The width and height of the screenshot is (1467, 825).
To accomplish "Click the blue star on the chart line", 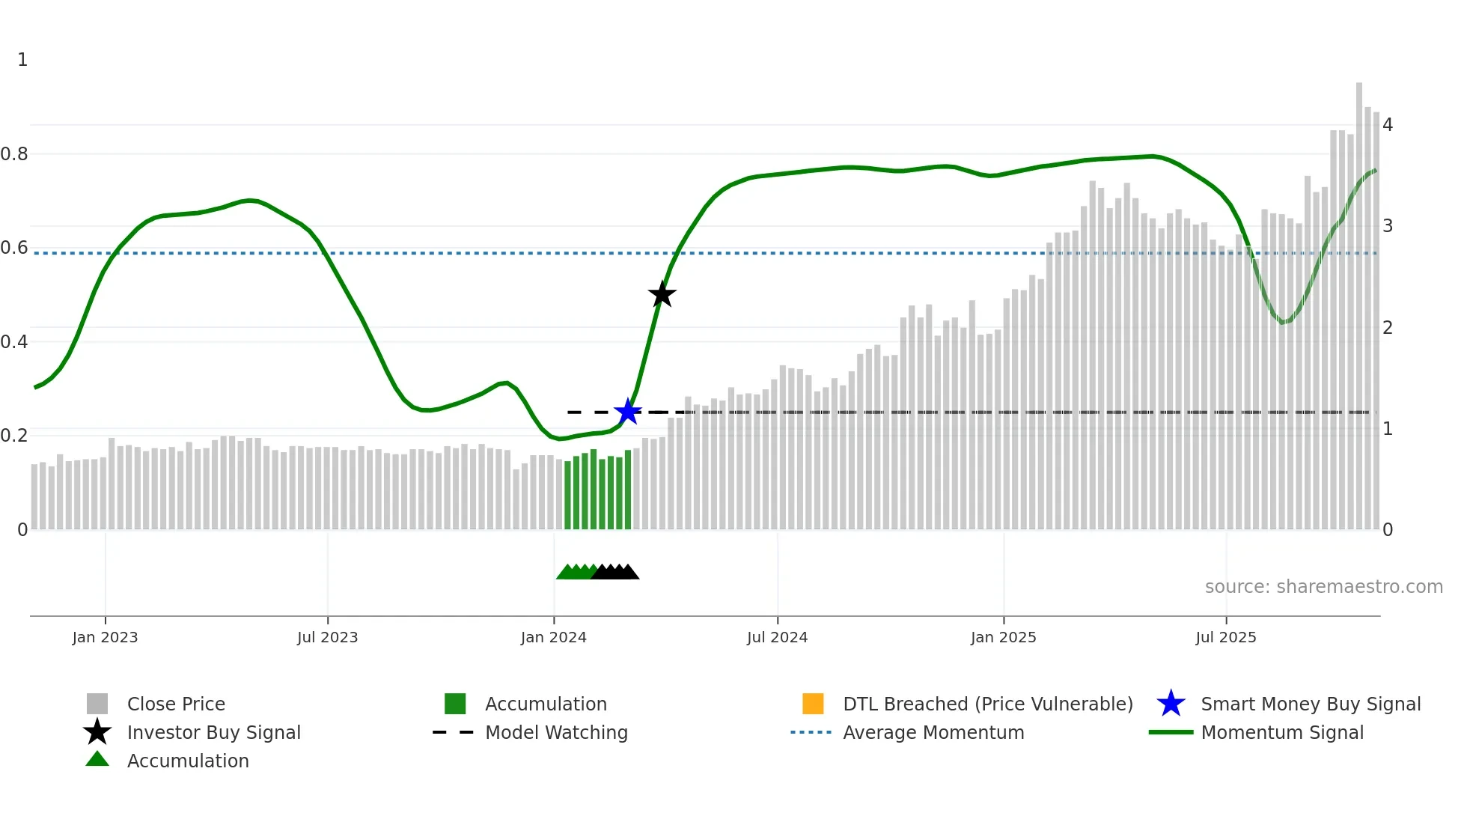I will pyautogui.click(x=627, y=411).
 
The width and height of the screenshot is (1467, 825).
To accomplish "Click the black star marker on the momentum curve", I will pyautogui.click(x=662, y=294).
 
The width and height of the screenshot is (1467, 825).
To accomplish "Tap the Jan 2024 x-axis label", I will pyautogui.click(x=553, y=637).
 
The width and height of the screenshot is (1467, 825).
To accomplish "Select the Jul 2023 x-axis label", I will pyautogui.click(x=327, y=637).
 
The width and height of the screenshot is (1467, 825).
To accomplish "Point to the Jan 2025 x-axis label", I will pyautogui.click(x=1003, y=637).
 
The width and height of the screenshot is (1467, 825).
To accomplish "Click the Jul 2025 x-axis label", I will pyautogui.click(x=1225, y=637).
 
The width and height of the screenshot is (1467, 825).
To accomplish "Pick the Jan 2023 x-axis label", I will pyautogui.click(x=105, y=637).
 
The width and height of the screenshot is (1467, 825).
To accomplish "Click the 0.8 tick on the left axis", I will pyautogui.click(x=14, y=154).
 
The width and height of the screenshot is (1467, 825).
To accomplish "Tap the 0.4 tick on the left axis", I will pyautogui.click(x=14, y=342).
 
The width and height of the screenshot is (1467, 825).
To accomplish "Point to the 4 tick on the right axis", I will pyautogui.click(x=1388, y=125).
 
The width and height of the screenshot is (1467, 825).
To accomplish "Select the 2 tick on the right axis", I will pyautogui.click(x=1388, y=328).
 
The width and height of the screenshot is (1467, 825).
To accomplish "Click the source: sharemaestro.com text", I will pyautogui.click(x=1323, y=587).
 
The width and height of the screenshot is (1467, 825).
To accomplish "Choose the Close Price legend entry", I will pyautogui.click(x=176, y=704).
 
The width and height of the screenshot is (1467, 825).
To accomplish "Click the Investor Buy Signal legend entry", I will pyautogui.click(x=213, y=732).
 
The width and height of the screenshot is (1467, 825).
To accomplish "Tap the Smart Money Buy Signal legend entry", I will pyautogui.click(x=1310, y=704).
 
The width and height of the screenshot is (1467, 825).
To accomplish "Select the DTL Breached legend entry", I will pyautogui.click(x=987, y=704).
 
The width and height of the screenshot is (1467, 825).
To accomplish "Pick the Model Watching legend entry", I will pyautogui.click(x=556, y=732).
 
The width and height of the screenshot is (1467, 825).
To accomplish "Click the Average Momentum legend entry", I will pyautogui.click(x=933, y=732).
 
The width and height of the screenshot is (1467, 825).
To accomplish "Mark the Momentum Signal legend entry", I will pyautogui.click(x=1282, y=732).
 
